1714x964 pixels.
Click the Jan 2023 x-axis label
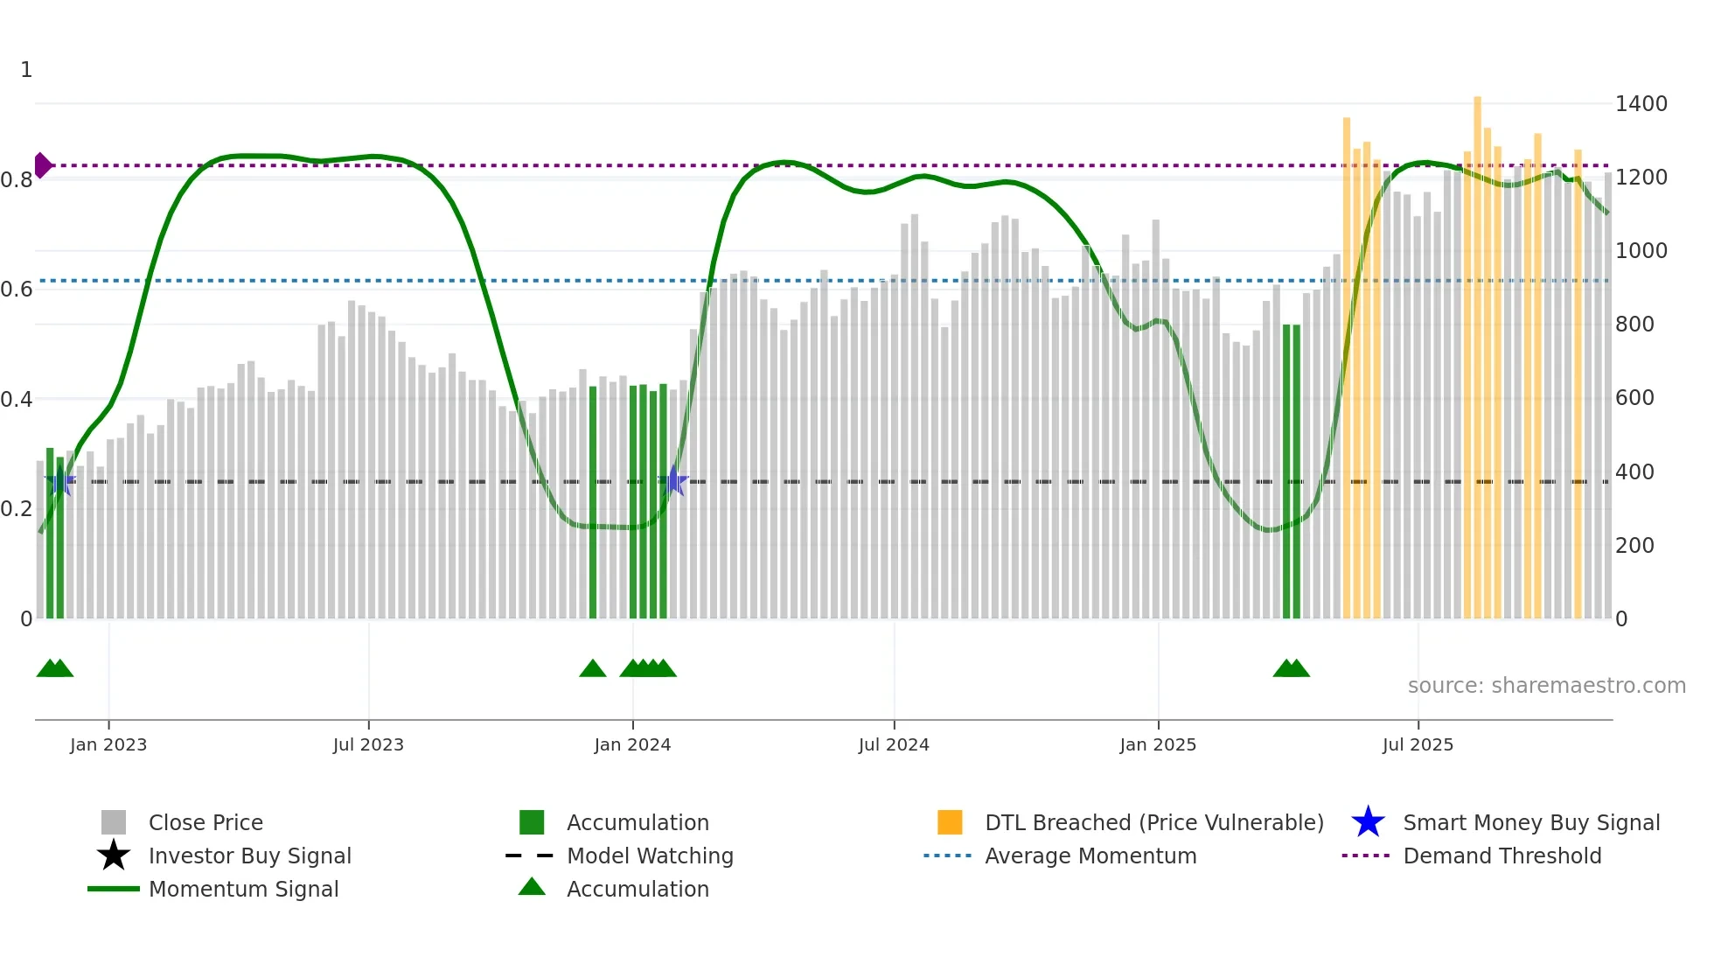[x=108, y=744]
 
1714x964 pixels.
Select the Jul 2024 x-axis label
[x=894, y=744]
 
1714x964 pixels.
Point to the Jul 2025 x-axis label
[x=1418, y=744]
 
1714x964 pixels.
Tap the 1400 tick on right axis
[x=1641, y=104]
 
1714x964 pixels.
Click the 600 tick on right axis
[x=1634, y=398]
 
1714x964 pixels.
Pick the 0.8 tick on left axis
[x=17, y=180]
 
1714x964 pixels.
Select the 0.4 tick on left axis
[x=17, y=400]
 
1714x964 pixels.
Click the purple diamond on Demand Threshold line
[x=42, y=165]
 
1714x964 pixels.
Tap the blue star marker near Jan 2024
[x=673, y=481]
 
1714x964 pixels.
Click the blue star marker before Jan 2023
[x=59, y=481]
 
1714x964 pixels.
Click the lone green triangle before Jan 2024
[x=593, y=669]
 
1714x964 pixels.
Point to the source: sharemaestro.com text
[x=1546, y=686]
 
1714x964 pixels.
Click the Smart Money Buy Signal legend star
[x=1368, y=822]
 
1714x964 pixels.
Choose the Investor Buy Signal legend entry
[x=249, y=856]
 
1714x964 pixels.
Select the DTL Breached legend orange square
[x=950, y=822]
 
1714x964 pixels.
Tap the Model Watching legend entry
[x=649, y=856]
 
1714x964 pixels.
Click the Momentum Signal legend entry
[x=243, y=889]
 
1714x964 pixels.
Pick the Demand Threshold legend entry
[x=1501, y=856]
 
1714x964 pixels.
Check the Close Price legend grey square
[x=114, y=822]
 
